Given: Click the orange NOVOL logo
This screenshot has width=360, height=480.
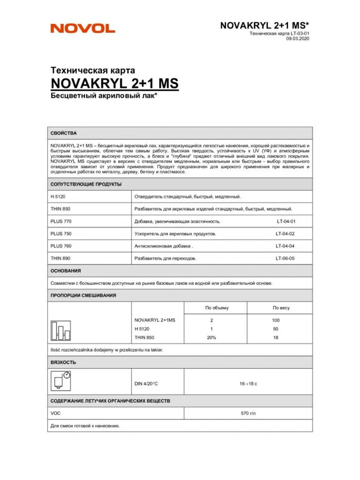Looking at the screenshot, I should coord(83,28).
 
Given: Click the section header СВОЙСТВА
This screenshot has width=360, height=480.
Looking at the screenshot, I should coord(63,133).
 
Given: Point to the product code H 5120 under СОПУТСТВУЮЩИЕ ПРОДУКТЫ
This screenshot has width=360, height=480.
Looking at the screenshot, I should coord(57,197).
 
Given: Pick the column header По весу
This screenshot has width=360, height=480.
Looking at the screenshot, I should coord(281,308).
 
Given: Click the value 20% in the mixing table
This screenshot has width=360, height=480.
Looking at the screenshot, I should coord(211,338).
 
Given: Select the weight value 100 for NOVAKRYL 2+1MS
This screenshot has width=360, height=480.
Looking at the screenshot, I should coord(276,320).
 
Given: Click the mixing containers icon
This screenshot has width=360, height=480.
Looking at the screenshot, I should coord(60,330).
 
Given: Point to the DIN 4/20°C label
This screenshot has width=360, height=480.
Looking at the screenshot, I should coord(148,384).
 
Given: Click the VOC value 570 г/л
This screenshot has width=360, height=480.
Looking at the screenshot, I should coord(249,413).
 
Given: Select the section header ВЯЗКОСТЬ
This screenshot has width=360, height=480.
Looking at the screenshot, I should coord(63,362).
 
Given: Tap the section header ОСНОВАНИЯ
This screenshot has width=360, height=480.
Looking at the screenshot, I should coord(66,271).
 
